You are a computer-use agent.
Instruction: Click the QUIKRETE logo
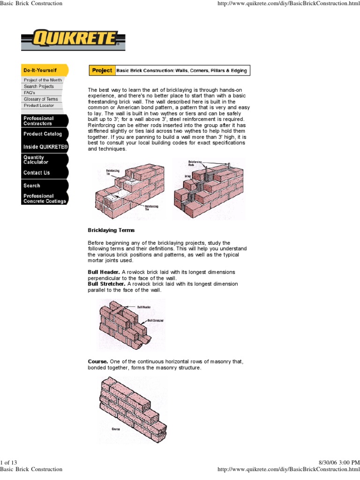(74, 40)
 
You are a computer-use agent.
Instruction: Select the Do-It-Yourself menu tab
(44, 70)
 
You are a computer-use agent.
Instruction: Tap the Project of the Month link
(43, 80)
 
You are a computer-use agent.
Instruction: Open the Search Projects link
(39, 87)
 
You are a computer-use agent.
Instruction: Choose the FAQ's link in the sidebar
(30, 93)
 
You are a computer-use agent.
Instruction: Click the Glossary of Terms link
(41, 99)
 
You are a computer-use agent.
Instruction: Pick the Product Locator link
(39, 105)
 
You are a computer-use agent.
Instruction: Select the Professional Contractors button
(44, 121)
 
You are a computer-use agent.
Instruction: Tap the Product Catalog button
(44, 134)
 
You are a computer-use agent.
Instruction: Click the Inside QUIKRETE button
(45, 147)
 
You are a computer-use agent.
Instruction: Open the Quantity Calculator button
(44, 160)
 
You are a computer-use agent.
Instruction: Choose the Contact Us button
(44, 172)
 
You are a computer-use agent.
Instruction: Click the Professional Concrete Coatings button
(45, 198)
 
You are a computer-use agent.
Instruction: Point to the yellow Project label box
(102, 70)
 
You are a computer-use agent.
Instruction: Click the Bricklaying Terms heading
(111, 230)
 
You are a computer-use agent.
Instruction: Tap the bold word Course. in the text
(98, 362)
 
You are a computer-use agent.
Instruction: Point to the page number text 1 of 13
(9, 462)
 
